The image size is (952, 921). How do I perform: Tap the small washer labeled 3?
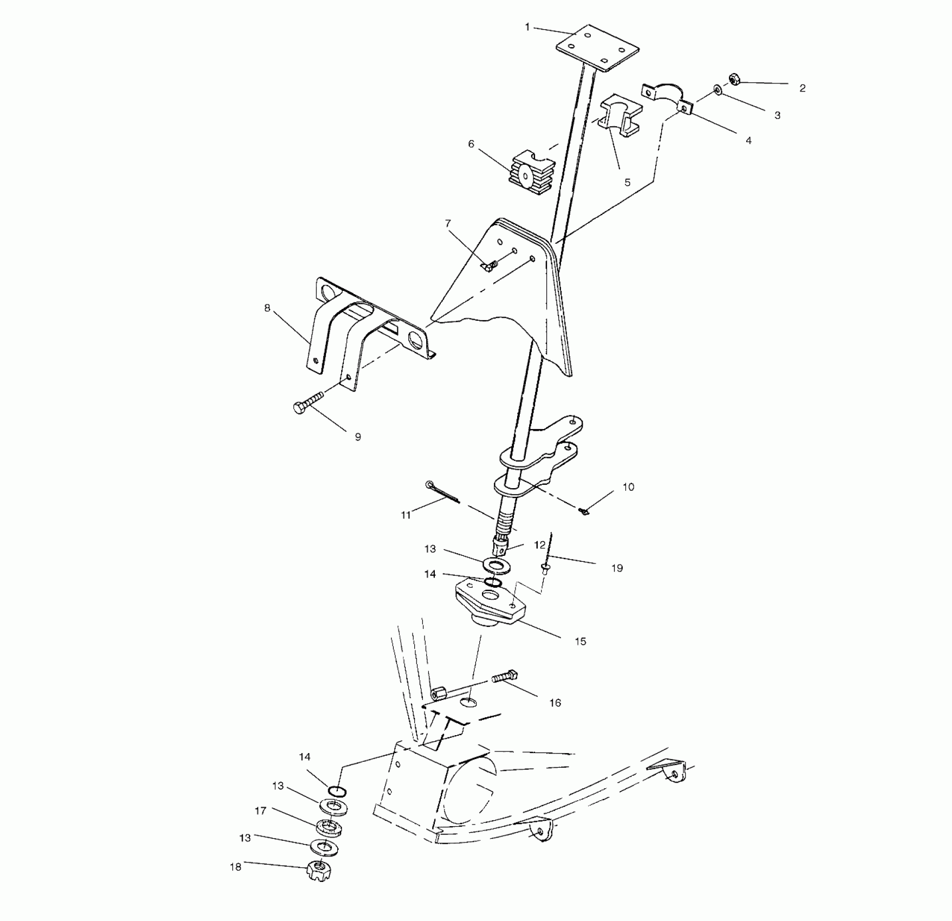tap(718, 90)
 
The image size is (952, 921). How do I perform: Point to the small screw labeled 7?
tap(490, 265)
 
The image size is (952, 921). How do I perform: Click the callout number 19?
tap(617, 568)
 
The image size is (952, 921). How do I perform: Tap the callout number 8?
tap(267, 308)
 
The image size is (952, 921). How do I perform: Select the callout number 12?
tap(540, 545)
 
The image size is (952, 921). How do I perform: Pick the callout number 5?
tap(627, 183)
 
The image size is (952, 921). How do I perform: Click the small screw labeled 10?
tap(584, 511)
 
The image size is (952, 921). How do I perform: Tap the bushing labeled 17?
tap(328, 827)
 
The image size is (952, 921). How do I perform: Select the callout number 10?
tap(628, 487)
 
